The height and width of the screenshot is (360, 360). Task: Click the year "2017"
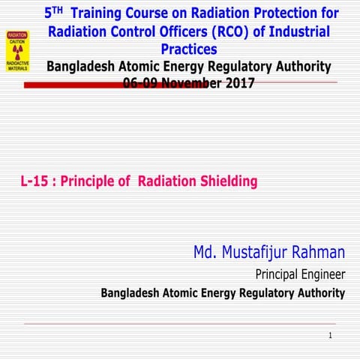point(238,83)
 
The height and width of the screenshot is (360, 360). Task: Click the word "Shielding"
point(224,181)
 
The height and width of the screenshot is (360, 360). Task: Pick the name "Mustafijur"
point(258,253)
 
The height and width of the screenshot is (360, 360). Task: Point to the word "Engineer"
point(321,274)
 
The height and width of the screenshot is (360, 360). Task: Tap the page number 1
point(329,335)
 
